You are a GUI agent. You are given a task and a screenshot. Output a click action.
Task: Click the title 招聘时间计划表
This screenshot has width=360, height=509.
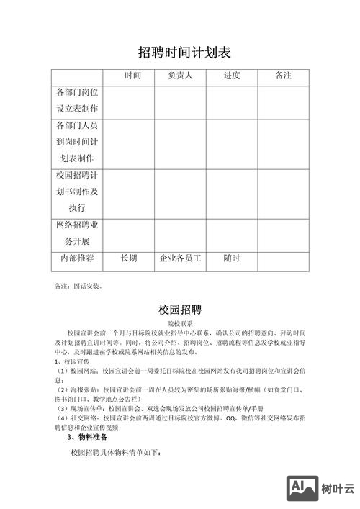tap(184, 53)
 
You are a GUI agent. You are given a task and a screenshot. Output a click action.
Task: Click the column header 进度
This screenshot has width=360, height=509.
tap(231, 76)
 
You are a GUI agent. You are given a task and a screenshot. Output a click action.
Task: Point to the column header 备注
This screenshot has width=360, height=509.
tap(283, 76)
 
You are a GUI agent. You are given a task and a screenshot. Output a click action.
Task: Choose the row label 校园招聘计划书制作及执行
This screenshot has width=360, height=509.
tap(77, 192)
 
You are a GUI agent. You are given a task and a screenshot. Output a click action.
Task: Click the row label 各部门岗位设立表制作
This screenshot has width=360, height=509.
tap(77, 101)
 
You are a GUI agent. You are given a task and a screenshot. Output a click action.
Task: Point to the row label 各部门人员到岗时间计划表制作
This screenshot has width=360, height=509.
tap(77, 142)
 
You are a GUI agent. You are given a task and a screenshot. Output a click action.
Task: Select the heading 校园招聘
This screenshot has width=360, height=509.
tap(180, 310)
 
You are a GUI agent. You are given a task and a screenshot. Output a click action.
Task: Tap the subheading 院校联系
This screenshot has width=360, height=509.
tap(180, 325)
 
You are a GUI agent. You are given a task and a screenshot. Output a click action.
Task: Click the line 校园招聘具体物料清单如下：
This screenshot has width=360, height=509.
tap(115, 453)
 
